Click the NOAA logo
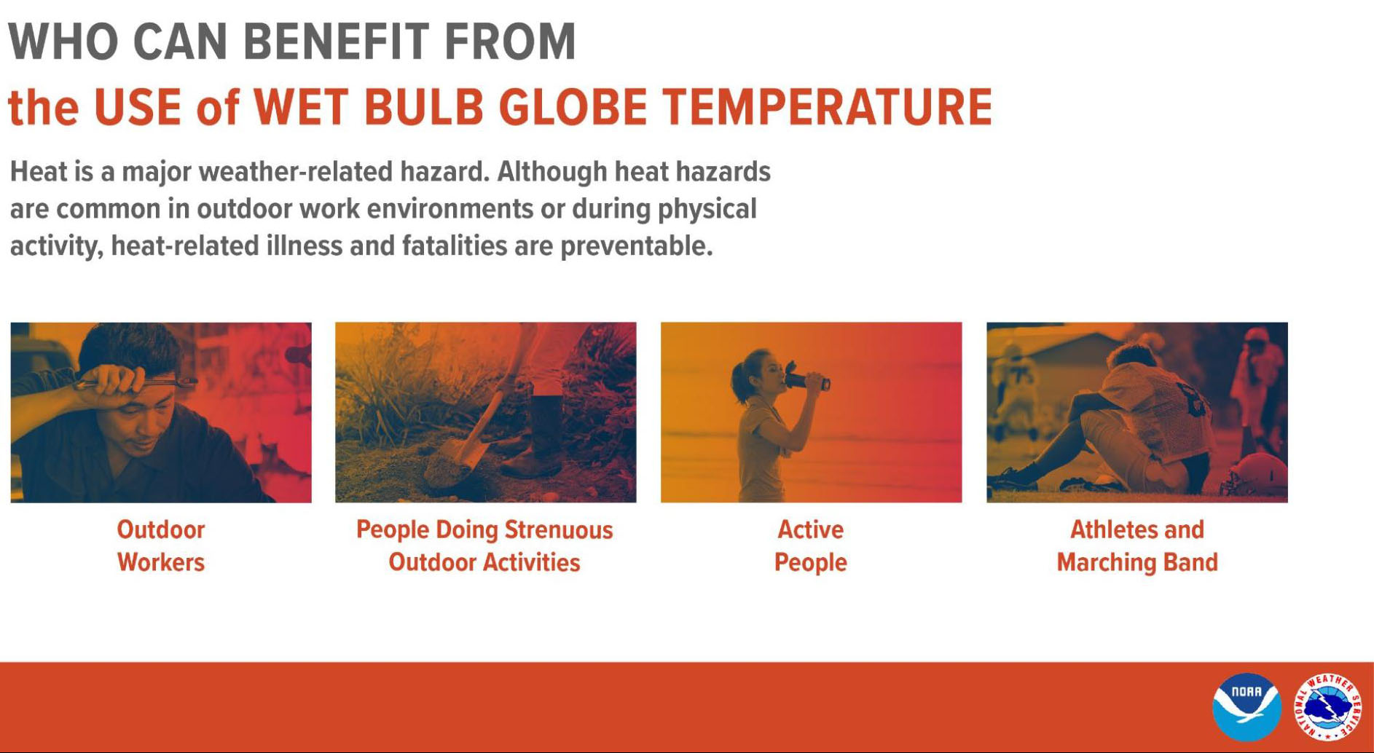pos(1247,707)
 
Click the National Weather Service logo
pos(1327,707)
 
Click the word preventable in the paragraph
pos(636,246)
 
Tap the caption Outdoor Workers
pos(161,545)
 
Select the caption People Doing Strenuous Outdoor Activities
pos(484,545)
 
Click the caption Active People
pos(810,545)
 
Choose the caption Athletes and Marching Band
pos(1137,545)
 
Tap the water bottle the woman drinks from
pos(806,380)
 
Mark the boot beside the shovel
pos(535,437)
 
